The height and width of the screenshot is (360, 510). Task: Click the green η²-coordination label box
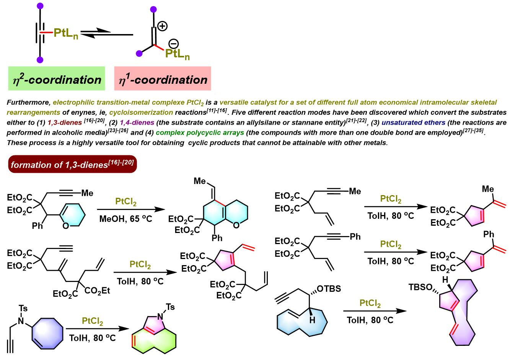tap(57, 79)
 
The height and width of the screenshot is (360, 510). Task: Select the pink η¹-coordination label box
tap(162, 79)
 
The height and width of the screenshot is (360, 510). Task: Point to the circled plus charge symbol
tap(163, 26)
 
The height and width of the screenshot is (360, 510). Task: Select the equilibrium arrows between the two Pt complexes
tap(107, 33)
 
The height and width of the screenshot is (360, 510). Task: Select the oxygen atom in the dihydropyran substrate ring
tap(65, 226)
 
